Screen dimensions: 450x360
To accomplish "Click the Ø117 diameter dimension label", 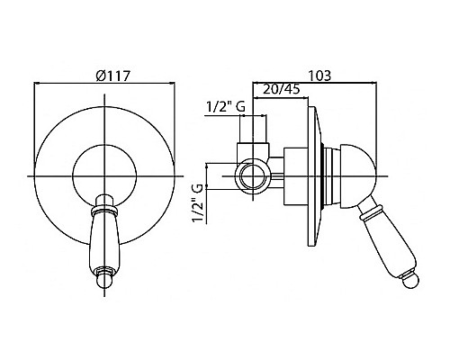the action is click(x=112, y=76).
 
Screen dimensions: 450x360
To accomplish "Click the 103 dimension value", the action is click(x=319, y=76).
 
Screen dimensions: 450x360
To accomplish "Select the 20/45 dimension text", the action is click(x=282, y=89).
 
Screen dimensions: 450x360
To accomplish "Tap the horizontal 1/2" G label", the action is click(x=226, y=106).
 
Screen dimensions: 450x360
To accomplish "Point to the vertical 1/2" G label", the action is click(x=199, y=203).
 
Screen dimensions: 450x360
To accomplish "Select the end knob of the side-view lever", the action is click(x=411, y=280).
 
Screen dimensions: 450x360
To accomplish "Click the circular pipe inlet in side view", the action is click(x=253, y=176).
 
